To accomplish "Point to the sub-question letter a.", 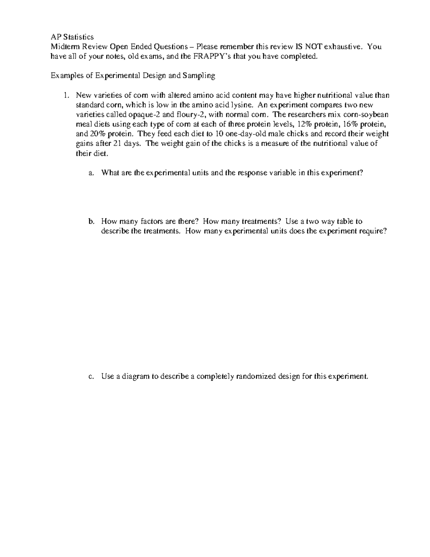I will [91, 173].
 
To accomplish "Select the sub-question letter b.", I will [91, 221].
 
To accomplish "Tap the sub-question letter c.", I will [91, 377].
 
